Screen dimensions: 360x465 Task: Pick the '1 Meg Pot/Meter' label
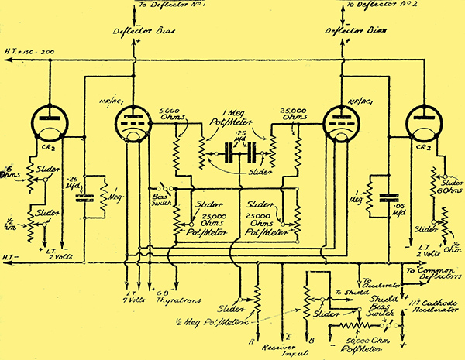230,123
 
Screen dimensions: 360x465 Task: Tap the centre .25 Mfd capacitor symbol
232,154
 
